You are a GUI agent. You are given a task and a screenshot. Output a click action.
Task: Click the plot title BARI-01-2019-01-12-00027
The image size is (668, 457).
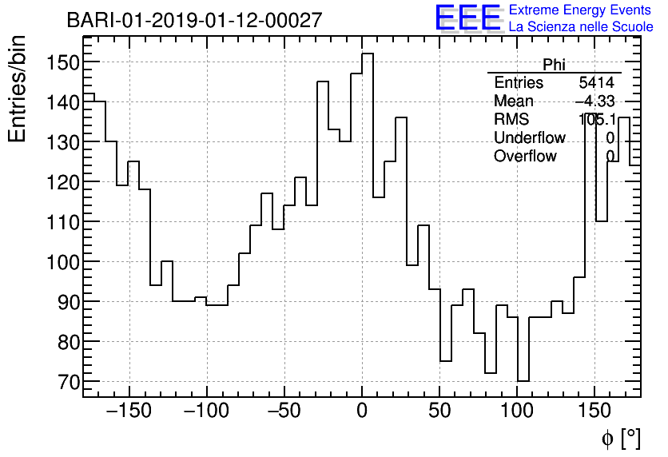194,20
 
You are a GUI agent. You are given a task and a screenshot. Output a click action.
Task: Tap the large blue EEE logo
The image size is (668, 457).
467,18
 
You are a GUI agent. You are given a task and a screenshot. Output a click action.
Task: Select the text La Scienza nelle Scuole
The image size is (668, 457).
581,26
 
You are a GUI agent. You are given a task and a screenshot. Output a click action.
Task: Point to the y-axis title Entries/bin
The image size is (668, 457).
18,89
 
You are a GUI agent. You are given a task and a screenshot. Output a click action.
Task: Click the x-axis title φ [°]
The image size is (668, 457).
620,438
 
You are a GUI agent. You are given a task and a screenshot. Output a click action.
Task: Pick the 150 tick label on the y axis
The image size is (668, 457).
62,62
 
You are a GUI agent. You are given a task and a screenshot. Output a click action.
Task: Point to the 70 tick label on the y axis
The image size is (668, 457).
67,382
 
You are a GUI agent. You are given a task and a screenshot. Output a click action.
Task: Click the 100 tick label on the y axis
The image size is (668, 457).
62,262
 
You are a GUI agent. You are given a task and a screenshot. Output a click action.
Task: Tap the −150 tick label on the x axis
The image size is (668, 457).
129,411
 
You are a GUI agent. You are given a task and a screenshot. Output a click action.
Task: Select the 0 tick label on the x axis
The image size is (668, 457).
362,411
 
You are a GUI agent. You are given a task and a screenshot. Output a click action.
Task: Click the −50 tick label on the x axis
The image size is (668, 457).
284,411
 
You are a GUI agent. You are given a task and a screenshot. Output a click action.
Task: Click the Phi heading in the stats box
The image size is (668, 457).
554,65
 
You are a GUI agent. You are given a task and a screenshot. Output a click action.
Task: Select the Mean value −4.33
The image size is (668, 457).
595,101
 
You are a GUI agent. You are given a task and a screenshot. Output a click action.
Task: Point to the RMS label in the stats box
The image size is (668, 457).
511,120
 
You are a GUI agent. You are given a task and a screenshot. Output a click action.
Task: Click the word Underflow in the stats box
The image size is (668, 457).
530,138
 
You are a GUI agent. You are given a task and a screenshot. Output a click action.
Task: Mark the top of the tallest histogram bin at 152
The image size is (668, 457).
368,54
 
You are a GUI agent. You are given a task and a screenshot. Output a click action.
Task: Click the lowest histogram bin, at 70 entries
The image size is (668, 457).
523,381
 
